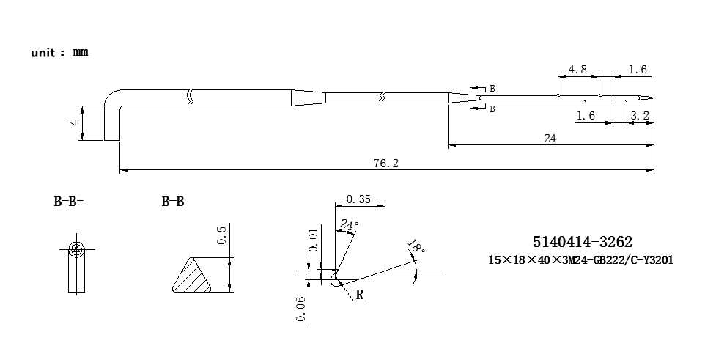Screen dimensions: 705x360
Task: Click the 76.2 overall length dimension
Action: tap(385, 163)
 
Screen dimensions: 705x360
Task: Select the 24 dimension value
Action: tap(550, 139)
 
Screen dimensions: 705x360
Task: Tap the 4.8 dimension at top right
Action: tap(577, 70)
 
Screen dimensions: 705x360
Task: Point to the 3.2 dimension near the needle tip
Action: tap(640, 116)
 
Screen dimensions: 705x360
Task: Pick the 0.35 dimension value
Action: tap(358, 199)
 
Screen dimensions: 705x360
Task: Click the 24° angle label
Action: tap(350, 224)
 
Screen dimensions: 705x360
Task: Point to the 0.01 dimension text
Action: tap(314, 240)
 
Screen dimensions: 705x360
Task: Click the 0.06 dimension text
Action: tap(301, 309)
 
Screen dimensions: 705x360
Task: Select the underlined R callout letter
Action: tap(360, 295)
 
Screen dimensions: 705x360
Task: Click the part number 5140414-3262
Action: tap(583, 242)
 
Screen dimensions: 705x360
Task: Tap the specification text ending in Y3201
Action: tap(581, 260)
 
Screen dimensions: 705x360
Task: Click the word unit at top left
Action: tap(43, 53)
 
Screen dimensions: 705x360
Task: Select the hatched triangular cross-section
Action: tap(192, 275)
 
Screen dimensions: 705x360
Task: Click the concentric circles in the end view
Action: tap(77, 249)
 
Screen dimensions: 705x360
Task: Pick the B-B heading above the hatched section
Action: tap(173, 202)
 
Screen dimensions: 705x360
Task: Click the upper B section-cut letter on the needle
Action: tap(492, 89)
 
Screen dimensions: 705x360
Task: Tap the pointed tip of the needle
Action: tap(654, 98)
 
